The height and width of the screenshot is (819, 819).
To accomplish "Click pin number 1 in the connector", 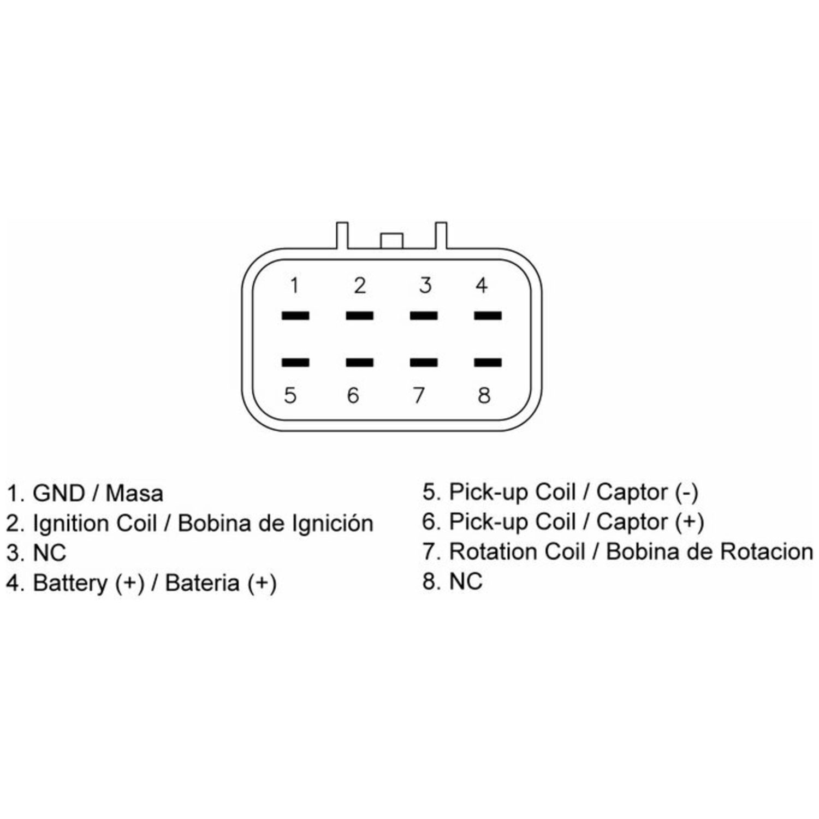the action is (x=295, y=286).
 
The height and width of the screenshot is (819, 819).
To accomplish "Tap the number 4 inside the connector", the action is (x=481, y=285).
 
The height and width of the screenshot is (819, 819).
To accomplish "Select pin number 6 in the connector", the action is (x=353, y=395).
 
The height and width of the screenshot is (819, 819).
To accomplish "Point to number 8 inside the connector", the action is (x=484, y=395).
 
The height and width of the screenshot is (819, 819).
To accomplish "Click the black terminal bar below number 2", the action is (x=360, y=316).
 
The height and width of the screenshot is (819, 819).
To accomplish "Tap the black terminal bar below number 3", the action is (x=424, y=316).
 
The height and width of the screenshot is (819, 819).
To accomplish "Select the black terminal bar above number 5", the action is (x=295, y=362).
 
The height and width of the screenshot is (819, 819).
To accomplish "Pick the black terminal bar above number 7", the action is (x=424, y=362).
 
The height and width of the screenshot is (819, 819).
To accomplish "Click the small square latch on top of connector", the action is (x=391, y=240).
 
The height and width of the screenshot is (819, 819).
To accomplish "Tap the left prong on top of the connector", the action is (x=342, y=235).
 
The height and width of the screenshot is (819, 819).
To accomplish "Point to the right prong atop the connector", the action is (x=441, y=235).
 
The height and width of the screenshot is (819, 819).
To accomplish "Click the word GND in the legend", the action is (x=58, y=494).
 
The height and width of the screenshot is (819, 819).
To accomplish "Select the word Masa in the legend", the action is (x=134, y=494).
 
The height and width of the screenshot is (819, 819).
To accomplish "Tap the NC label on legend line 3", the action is (x=50, y=553).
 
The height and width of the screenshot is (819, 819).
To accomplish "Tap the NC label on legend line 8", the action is (x=466, y=581).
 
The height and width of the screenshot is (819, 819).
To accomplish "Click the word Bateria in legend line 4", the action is (x=203, y=583).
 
